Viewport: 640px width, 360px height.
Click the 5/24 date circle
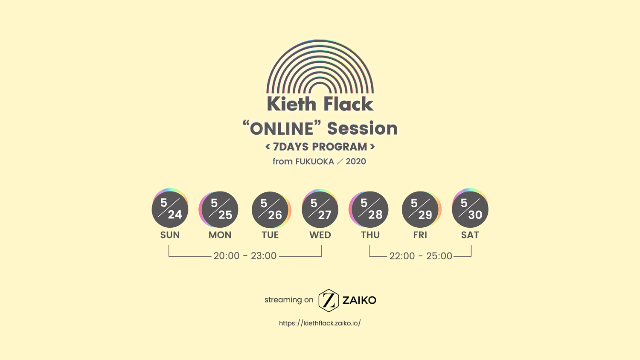click(x=170, y=209)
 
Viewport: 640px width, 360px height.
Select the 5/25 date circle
click(x=219, y=210)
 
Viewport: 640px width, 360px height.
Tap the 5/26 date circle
click(x=271, y=210)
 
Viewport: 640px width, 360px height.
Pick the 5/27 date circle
click(x=320, y=209)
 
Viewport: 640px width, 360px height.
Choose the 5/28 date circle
click(x=369, y=210)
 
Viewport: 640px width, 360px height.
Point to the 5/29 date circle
click(x=421, y=210)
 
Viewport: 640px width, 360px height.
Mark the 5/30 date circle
click(x=470, y=209)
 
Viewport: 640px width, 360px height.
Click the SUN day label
click(x=170, y=235)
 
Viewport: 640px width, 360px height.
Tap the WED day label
click(x=320, y=235)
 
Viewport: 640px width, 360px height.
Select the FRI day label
click(x=420, y=235)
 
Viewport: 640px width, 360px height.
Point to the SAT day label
click(x=470, y=235)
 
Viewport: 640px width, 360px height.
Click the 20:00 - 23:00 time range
click(x=245, y=256)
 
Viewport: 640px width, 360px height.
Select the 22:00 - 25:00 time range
click(x=421, y=256)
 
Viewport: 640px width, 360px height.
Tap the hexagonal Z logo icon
click(x=329, y=300)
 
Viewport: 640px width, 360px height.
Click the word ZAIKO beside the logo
click(x=359, y=300)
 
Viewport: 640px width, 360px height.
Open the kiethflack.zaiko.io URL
click(x=320, y=323)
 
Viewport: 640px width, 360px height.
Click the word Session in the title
click(x=362, y=128)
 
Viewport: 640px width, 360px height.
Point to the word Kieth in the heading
click(x=291, y=104)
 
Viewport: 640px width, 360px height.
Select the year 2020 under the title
click(x=356, y=161)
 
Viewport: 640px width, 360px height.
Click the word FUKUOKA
click(x=314, y=161)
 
